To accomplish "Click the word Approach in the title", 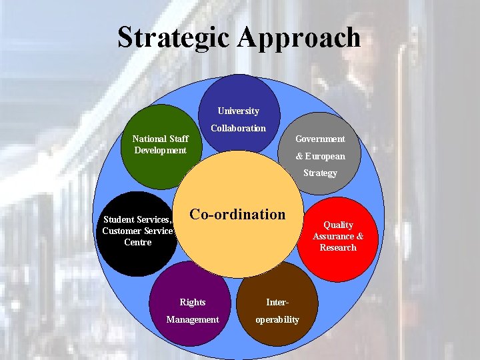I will [299, 39].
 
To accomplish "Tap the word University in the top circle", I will [238, 111].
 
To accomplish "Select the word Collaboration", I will [238, 128].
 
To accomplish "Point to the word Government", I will [320, 139].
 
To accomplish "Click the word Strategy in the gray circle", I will [320, 173].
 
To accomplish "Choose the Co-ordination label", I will [237, 215].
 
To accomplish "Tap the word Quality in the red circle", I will [338, 225].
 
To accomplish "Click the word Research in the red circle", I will [338, 247].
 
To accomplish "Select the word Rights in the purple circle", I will [193, 302].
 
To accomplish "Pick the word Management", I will [193, 319].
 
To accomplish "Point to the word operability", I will [277, 319].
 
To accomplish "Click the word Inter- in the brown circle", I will [277, 302].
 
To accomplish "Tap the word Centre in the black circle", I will [138, 242].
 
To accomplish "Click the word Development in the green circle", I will [160, 150].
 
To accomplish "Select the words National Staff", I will [160, 139].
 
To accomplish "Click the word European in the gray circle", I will [325, 156].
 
